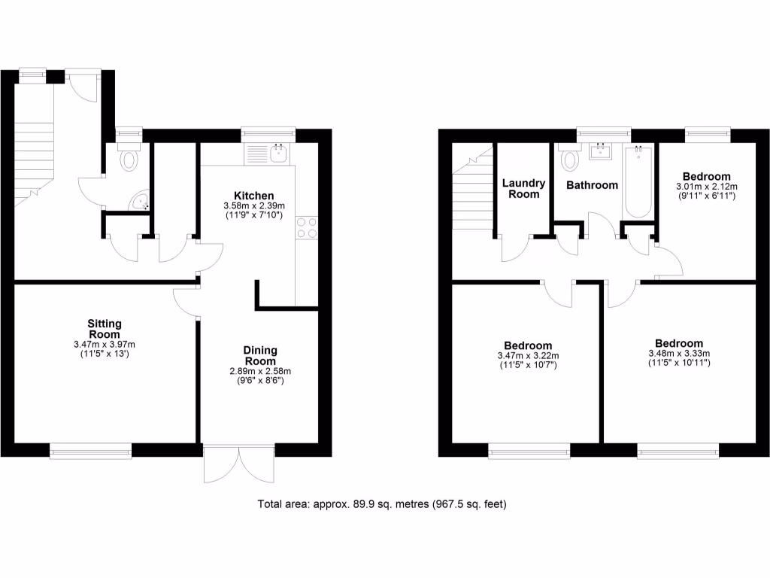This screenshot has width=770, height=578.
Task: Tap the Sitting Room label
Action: [105, 329]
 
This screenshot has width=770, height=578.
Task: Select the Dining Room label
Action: [260, 355]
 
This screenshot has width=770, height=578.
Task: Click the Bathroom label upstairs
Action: [593, 185]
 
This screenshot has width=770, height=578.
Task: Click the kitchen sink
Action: [279, 154]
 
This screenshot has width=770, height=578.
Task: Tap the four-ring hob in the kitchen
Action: [307, 227]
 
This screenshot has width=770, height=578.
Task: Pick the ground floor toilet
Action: [130, 159]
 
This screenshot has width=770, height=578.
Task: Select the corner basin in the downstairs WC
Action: [141, 200]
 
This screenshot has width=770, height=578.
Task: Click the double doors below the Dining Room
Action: [239, 465]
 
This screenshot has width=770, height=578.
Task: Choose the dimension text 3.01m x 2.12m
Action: [706, 187]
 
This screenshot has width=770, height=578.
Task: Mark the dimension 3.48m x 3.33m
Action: [678, 353]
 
